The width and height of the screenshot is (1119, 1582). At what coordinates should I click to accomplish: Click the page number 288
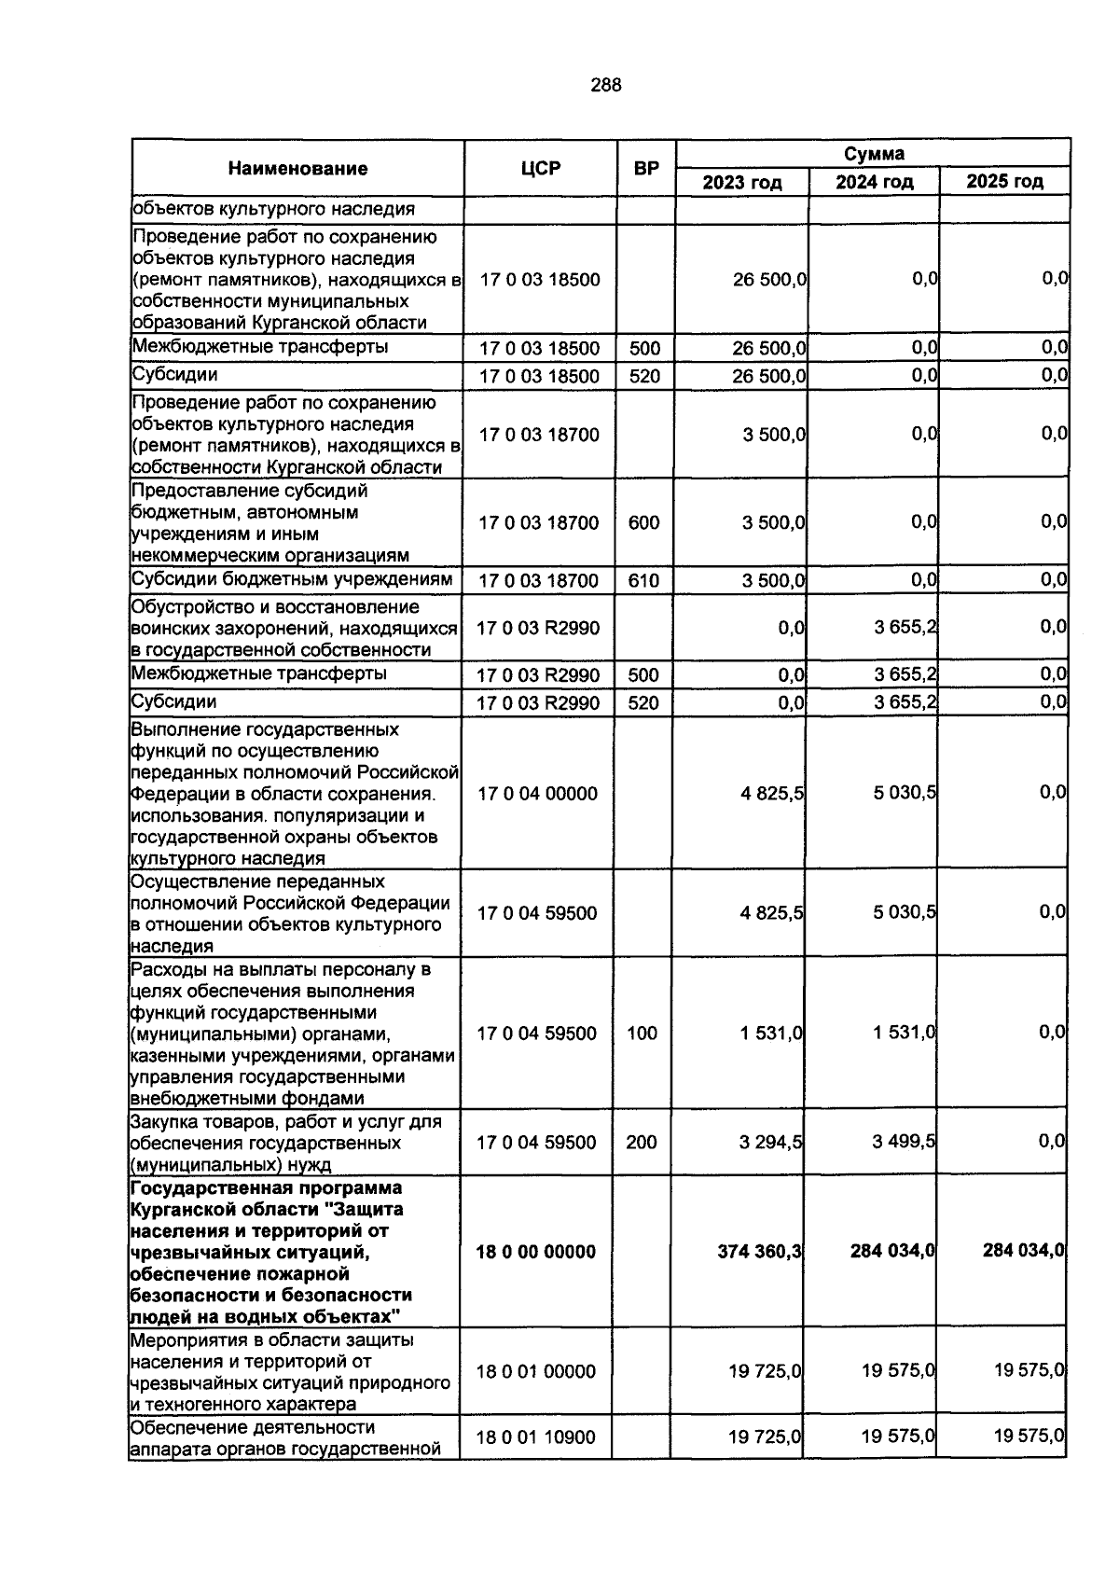coord(606,86)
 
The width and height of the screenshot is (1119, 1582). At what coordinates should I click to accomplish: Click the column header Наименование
coord(297,169)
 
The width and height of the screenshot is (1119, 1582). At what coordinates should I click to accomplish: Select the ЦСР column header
coord(541,169)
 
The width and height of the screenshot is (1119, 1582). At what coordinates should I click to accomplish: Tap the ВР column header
coord(646,169)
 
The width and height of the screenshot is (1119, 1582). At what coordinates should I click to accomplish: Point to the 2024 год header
coord(874,182)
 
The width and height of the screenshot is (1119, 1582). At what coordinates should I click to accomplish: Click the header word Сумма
coord(874,153)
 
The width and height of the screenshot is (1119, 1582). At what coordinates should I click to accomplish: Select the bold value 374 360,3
coord(760,1251)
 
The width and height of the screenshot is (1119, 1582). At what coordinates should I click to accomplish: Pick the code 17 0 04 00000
coord(537,794)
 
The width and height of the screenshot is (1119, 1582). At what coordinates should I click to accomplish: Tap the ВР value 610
coord(643,581)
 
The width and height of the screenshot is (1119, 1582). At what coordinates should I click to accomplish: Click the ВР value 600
coord(643,522)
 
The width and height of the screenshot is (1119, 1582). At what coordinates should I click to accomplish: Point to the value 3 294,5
coord(771,1142)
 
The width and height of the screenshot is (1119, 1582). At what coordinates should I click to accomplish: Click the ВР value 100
coord(642,1033)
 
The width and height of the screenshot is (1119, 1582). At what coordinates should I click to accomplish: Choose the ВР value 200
coord(642,1142)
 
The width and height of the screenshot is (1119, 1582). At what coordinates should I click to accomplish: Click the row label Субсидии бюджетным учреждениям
coord(292,579)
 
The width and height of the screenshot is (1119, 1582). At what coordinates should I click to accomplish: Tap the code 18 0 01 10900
coord(535,1437)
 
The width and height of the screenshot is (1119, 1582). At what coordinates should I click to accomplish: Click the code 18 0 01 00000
coord(535,1371)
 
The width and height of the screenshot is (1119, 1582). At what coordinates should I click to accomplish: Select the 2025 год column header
coord(1004,182)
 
